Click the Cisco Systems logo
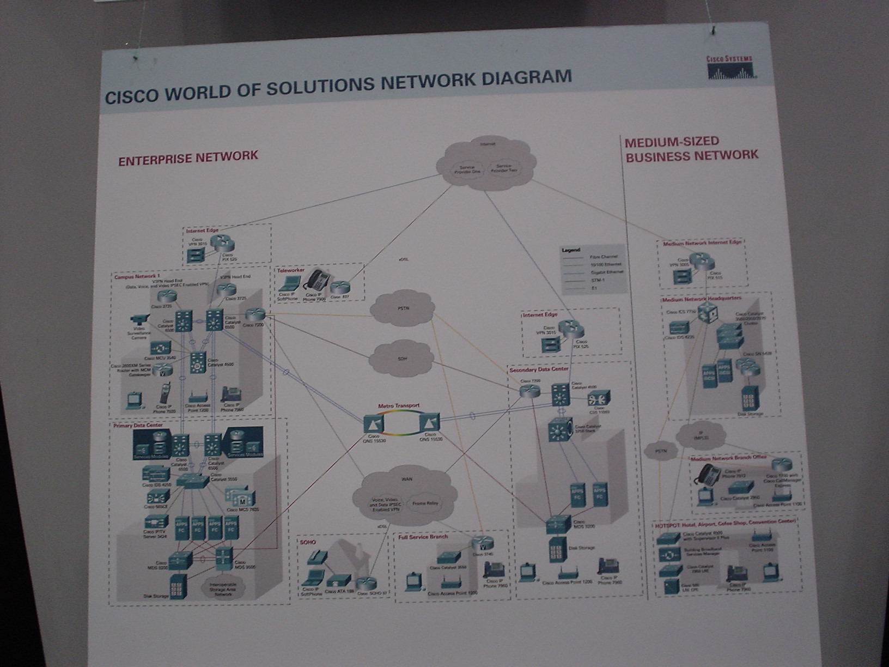pyautogui.click(x=730, y=68)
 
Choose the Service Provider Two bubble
pyautogui.click(x=504, y=168)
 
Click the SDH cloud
pyautogui.click(x=402, y=359)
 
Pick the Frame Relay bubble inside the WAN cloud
pyautogui.click(x=425, y=504)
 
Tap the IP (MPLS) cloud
pyautogui.click(x=701, y=435)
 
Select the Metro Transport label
pyautogui.click(x=399, y=406)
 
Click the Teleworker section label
pyautogui.click(x=290, y=270)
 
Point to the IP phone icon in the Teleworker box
pyautogui.click(x=315, y=281)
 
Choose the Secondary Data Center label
pyautogui.click(x=538, y=370)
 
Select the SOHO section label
pyautogui.click(x=308, y=542)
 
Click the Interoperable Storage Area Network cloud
pyautogui.click(x=223, y=590)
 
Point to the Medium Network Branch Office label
pyautogui.click(x=728, y=458)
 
